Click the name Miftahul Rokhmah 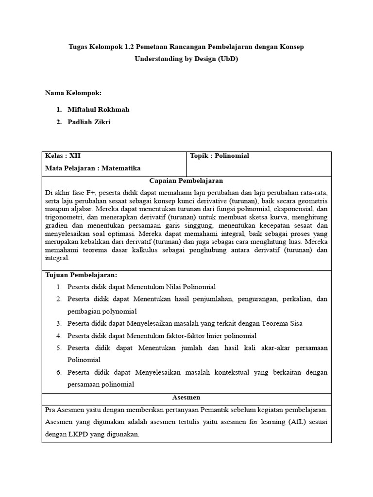tap(98, 110)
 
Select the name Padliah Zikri tap(89, 122)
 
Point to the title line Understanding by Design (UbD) tap(186, 59)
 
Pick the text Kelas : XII tap(63, 156)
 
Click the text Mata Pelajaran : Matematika tap(92, 168)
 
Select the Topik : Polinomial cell tap(220, 156)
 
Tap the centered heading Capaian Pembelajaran tap(186, 181)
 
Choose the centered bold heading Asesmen tap(186, 397)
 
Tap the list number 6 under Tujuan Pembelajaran tap(58, 372)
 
